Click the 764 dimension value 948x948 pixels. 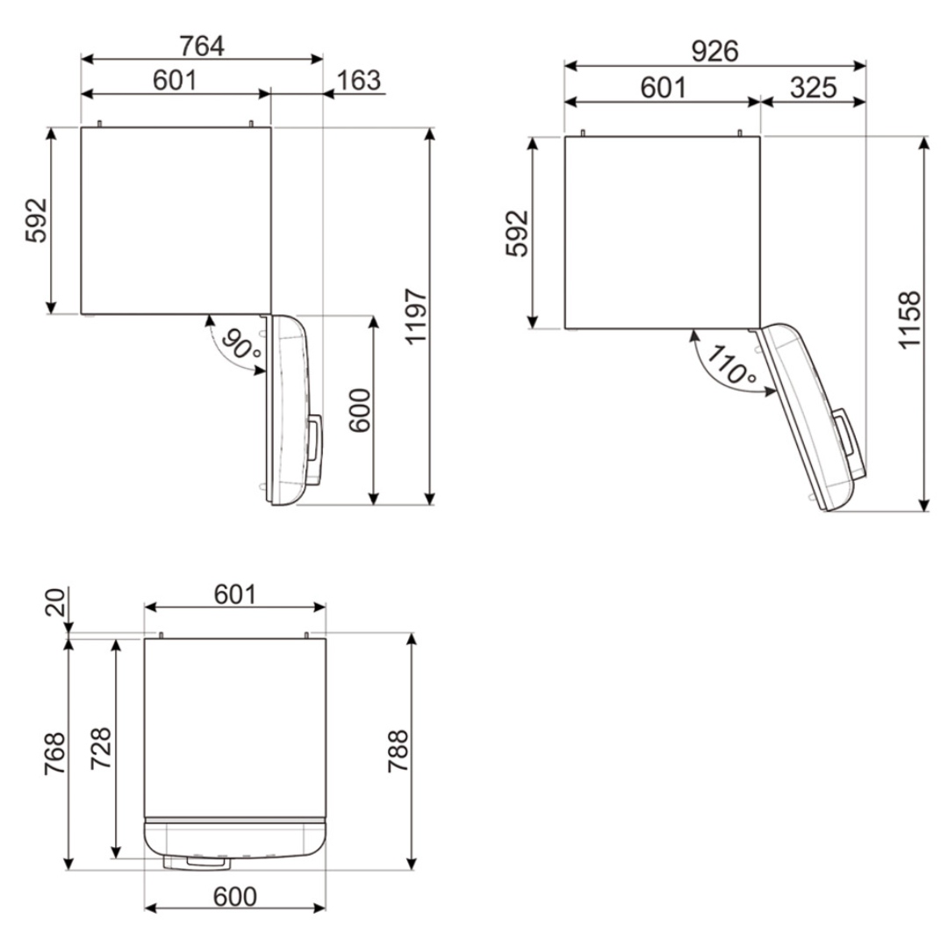202,46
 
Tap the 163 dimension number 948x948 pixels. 358,81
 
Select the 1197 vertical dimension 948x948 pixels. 416,317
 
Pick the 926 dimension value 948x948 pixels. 715,52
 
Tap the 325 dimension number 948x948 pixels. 813,89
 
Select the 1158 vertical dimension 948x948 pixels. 909,320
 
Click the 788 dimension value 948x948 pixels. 399,750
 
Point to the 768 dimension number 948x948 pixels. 54,753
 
